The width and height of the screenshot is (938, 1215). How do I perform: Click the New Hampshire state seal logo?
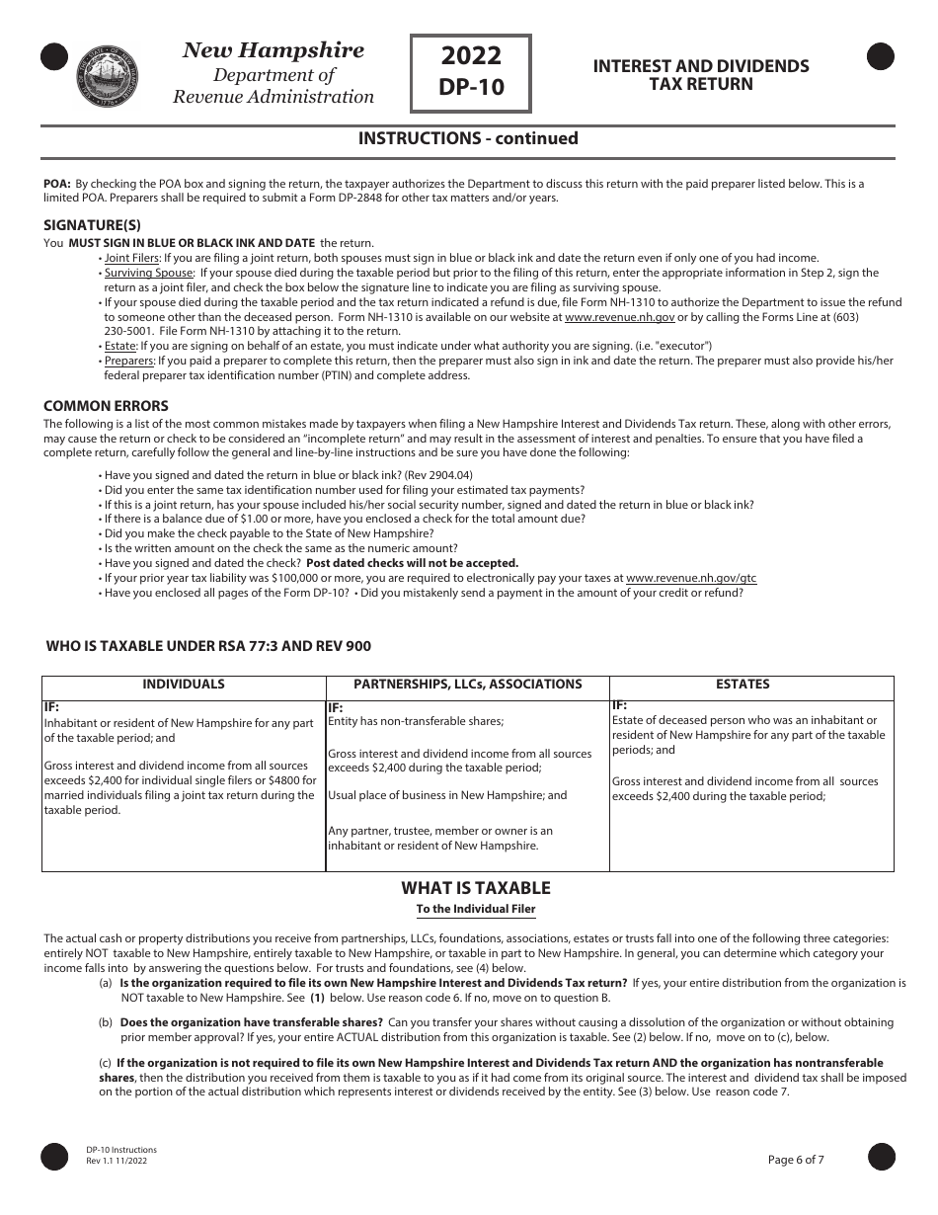tap(108, 75)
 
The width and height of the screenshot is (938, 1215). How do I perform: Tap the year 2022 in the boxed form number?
tap(471, 55)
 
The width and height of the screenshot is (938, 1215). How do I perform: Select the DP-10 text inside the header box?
tap(471, 87)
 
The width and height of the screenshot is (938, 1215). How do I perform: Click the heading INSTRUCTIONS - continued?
tap(468, 138)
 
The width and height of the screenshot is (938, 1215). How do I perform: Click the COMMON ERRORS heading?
tap(106, 406)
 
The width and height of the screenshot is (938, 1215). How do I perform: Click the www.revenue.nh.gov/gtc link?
tap(691, 578)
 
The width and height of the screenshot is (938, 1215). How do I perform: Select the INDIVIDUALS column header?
tap(184, 685)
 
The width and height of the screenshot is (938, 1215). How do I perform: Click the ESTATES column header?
tap(743, 685)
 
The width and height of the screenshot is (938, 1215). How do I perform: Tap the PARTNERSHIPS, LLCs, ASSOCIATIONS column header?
tap(468, 685)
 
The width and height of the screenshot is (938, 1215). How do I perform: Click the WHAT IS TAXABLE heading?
tap(476, 888)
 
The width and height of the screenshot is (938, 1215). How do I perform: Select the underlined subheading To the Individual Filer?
tap(476, 910)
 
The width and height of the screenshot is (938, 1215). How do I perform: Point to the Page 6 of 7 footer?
tap(795, 1160)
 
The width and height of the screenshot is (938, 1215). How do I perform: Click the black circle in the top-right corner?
tap(881, 57)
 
